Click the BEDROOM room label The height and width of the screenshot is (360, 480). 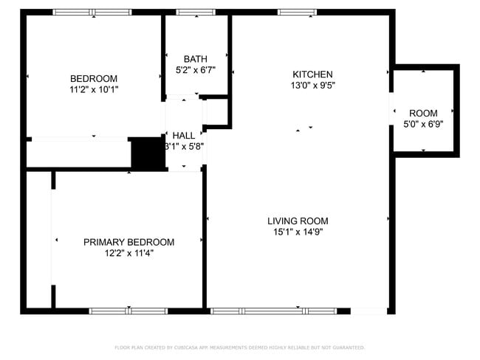tap(94, 79)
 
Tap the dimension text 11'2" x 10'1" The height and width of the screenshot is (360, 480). tap(94, 89)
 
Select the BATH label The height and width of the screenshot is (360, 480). tap(196, 59)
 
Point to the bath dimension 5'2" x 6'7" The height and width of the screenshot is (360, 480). tap(196, 70)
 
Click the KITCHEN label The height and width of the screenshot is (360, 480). tap(312, 75)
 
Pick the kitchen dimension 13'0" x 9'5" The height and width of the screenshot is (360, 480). tap(312, 85)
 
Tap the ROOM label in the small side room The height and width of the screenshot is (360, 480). tap(423, 113)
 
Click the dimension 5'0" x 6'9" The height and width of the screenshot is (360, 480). tap(423, 124)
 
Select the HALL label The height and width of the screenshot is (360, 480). tap(184, 136)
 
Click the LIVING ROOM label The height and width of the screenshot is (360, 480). tap(298, 221)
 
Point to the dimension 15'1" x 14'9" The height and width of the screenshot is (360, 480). tap(298, 232)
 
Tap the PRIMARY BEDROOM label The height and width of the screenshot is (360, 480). tap(128, 242)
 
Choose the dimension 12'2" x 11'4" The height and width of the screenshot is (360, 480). tap(128, 253)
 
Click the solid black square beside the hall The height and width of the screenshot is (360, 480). tap(148, 153)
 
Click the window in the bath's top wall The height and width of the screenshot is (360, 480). tap(191, 12)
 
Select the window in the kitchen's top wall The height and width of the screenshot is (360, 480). tap(297, 12)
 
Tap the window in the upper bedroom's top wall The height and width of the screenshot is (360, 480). tap(92, 12)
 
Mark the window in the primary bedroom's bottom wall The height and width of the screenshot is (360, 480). tap(129, 311)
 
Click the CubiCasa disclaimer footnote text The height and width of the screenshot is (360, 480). tap(239, 347)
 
